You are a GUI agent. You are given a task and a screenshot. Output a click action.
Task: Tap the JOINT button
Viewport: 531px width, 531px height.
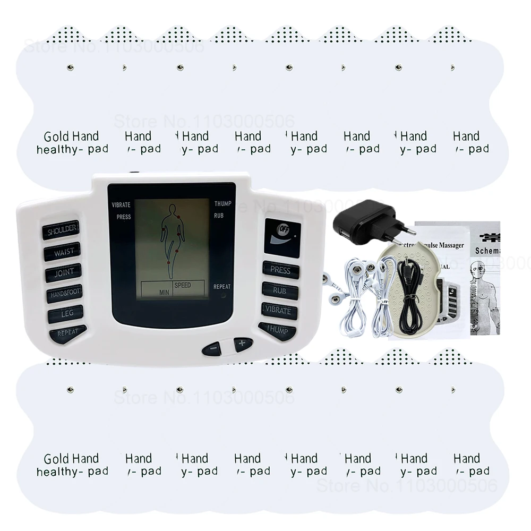(x=63, y=273)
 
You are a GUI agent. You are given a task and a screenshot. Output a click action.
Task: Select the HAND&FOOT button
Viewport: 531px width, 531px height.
(x=64, y=293)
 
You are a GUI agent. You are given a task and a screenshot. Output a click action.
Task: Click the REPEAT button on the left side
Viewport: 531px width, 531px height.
(x=67, y=333)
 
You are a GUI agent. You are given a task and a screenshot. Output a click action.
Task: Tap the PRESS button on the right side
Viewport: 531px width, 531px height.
(x=280, y=270)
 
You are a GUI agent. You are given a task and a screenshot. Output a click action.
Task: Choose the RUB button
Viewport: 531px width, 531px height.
(x=280, y=290)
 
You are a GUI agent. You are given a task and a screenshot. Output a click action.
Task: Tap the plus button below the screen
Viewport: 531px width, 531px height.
(x=243, y=344)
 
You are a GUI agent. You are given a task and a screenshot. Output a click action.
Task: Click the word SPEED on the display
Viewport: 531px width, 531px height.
(x=182, y=286)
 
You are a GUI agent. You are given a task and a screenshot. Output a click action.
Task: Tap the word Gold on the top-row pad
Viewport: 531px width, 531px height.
(x=56, y=136)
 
